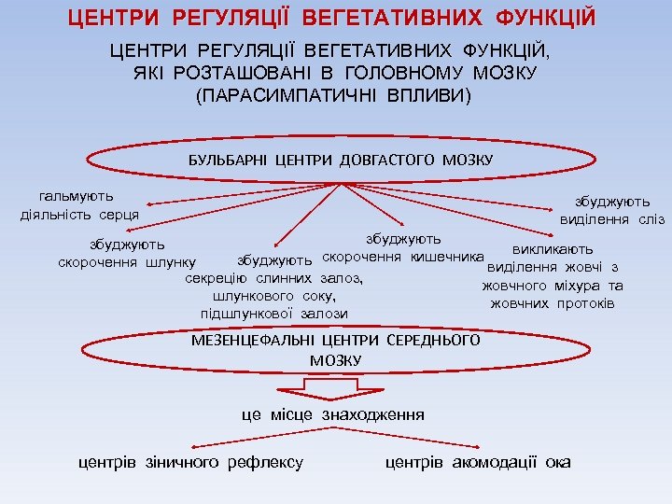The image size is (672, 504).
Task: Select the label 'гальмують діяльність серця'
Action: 79,205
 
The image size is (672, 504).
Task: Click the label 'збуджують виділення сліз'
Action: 612,210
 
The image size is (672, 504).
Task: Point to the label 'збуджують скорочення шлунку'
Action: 127,253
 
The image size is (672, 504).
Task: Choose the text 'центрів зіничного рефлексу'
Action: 190,462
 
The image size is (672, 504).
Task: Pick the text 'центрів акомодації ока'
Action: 478,462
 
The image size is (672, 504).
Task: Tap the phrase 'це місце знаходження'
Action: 332,414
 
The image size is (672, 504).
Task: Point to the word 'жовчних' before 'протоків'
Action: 520,304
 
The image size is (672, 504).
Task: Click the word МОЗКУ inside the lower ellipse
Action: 335,359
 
